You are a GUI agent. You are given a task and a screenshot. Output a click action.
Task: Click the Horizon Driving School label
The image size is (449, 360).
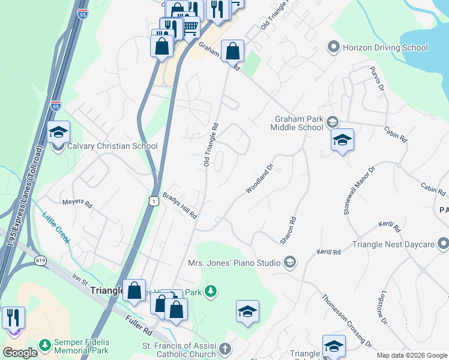tap(385, 47)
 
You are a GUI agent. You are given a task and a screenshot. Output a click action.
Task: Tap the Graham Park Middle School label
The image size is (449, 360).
tap(297, 123)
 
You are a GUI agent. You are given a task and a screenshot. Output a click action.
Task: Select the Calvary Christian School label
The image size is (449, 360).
tap(112, 146)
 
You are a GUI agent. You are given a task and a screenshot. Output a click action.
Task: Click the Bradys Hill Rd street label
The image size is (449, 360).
tap(180, 206)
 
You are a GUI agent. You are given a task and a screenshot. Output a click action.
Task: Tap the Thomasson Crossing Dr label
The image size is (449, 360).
tap(346, 320)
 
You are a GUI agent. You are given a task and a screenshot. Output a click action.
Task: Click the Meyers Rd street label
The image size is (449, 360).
tap(77, 204)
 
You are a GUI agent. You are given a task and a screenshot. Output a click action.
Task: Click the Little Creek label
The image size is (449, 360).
tap(56, 228)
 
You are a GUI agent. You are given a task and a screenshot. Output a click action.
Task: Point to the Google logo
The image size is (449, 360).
tap(20, 353)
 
